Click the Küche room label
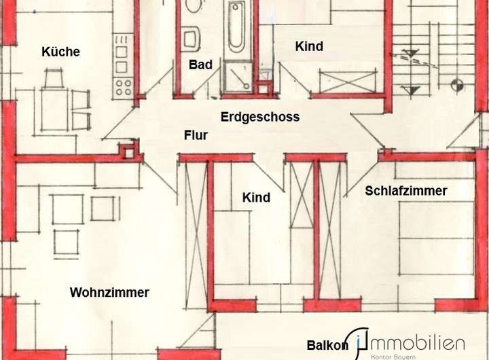[x=60, y=52]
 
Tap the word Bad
[x=200, y=65]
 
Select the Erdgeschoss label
[x=260, y=117]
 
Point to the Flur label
[x=196, y=135]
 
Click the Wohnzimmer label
[x=109, y=293]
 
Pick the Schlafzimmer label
[x=406, y=191]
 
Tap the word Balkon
[x=327, y=345]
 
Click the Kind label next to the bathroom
[x=309, y=47]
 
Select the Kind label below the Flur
[x=256, y=198]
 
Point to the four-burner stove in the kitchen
[x=124, y=87]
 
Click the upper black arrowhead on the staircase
[x=410, y=53]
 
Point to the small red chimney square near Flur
[x=127, y=151]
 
